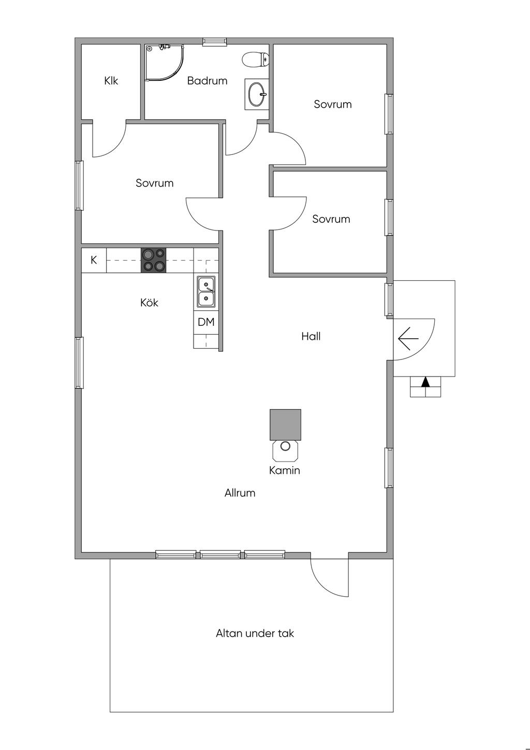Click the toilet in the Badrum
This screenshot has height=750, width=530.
tap(255, 60)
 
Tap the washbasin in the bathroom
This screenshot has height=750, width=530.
tap(257, 94)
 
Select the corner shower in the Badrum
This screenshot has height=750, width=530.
tap(165, 63)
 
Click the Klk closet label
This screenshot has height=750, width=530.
tap(111, 81)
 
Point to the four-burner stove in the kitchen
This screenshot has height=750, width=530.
tap(153, 260)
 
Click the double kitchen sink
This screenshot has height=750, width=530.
tap(206, 291)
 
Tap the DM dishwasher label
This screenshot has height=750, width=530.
tap(206, 322)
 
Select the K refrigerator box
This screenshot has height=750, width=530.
tap(94, 260)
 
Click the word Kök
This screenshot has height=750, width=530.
tap(149, 302)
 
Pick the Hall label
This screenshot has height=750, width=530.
tap(311, 336)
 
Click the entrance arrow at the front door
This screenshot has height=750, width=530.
tap(408, 339)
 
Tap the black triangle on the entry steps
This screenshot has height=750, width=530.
tap(425, 382)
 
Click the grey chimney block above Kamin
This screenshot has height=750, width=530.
tap(285, 425)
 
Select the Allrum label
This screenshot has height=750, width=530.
tap(240, 493)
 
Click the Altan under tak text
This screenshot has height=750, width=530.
tap(255, 633)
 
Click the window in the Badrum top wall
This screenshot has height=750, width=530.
tap(214, 41)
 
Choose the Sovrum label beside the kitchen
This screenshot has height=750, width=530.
tap(155, 183)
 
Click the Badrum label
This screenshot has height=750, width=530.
tap(207, 81)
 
